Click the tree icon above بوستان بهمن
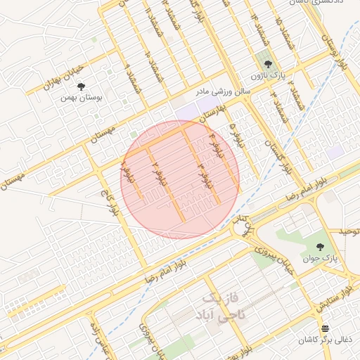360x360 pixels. (x=82, y=86)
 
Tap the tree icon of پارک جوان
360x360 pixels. (x=321, y=247)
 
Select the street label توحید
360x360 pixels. (x=349, y=231)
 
